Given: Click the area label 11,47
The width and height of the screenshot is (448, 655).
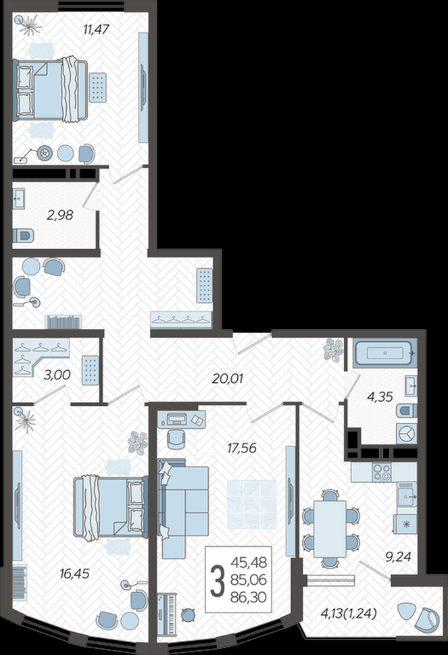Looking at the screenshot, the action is point(96,29).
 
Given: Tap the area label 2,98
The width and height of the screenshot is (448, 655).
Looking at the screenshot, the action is point(59,215).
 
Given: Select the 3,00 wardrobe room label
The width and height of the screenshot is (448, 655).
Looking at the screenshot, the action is point(57,375).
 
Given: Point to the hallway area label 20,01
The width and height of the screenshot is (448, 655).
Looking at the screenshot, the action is point(227,378).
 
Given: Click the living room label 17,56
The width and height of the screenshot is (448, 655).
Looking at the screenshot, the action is point(241,448).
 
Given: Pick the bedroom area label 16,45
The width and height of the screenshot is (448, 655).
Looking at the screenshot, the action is point(74,574).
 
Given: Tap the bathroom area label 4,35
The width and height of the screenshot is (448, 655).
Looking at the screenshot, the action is point(380,397).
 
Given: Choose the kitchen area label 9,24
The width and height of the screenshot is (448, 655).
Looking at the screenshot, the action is point(398,556).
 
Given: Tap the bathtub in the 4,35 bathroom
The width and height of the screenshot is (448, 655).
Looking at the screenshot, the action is point(384,353).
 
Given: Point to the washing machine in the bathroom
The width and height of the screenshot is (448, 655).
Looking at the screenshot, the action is point(405,434).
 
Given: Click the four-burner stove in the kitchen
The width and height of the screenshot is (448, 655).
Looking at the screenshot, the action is point(382,472).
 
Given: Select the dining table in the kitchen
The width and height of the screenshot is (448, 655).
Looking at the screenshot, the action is point(330,529).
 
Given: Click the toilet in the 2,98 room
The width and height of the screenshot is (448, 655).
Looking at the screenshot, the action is point(23,236).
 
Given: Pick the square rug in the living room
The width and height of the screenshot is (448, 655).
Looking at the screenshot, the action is point(251,504).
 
